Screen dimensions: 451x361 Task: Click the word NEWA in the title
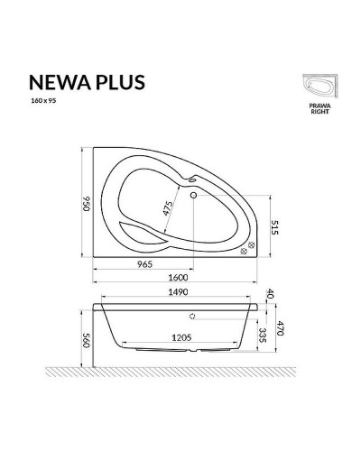point(54,83)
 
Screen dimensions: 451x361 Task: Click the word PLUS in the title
point(117,83)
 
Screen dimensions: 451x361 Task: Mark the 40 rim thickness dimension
point(269,295)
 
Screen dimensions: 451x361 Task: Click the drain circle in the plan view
point(194,191)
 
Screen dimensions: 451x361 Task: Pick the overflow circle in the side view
point(193,317)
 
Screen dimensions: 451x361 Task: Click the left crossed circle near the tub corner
point(243,253)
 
